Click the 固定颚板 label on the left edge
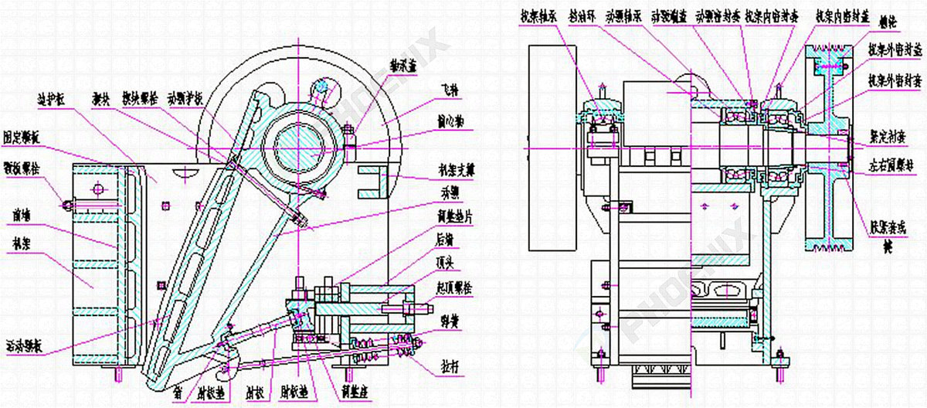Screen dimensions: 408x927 click(x=21, y=133)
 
